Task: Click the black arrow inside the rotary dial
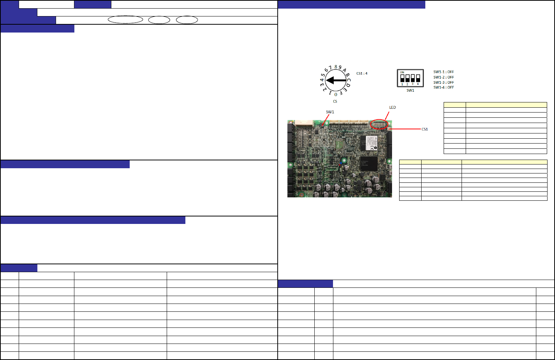tap(335, 80)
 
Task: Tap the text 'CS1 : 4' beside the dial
tap(362, 73)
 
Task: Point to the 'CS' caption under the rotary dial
tap(335, 101)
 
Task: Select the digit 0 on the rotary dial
tap(336, 95)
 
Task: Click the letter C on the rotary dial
tap(349, 80)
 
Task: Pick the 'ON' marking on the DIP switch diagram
tap(402, 73)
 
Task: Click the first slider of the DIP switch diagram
tap(402, 78)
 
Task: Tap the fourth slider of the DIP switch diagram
tap(418, 78)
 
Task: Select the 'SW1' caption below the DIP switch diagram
tap(410, 90)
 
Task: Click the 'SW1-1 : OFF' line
tap(444, 72)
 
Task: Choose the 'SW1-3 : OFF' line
tap(444, 82)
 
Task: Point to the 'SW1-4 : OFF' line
tap(444, 87)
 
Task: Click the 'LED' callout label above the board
tap(392, 107)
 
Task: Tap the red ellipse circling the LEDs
tap(379, 124)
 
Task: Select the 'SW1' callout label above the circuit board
tap(330, 112)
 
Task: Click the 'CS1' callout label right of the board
tap(425, 129)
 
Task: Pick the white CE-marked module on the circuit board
tap(369, 143)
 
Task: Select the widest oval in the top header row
tap(126, 20)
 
